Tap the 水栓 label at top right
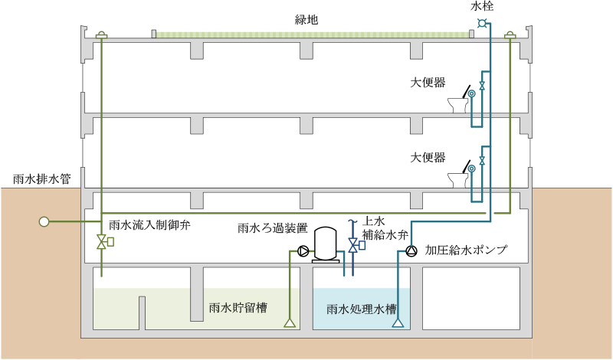click(482, 6)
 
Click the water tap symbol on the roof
click(482, 23)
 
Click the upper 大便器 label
click(428, 83)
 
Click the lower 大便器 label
click(428, 158)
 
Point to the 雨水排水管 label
click(42, 179)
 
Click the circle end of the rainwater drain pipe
click(44, 222)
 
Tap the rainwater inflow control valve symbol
click(102, 243)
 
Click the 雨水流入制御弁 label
click(149, 226)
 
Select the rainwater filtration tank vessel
click(326, 244)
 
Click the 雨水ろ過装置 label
click(272, 228)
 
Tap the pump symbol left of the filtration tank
click(303, 250)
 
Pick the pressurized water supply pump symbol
click(411, 250)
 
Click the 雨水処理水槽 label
click(361, 309)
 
